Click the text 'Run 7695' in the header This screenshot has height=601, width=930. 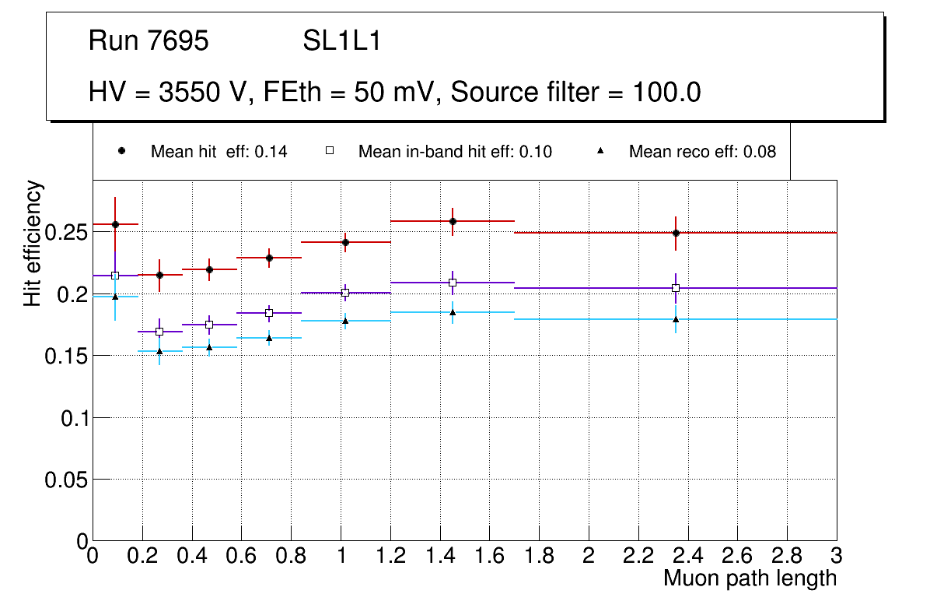pyautogui.click(x=149, y=41)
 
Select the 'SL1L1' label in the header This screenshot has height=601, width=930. pyautogui.click(x=342, y=41)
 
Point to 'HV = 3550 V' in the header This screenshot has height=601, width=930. pyautogui.click(x=167, y=93)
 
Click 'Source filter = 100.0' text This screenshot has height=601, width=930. pyautogui.click(x=575, y=93)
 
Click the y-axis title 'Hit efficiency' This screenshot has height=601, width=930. pyautogui.click(x=33, y=243)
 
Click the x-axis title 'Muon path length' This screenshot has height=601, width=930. pyautogui.click(x=750, y=578)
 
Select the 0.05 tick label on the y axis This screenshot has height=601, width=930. pyautogui.click(x=67, y=480)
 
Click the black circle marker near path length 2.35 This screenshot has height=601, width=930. pyautogui.click(x=677, y=233)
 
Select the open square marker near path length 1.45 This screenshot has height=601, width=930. pyautogui.click(x=453, y=283)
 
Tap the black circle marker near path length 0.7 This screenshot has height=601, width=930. pyautogui.click(x=269, y=258)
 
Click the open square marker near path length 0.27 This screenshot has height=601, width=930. pyautogui.click(x=159, y=332)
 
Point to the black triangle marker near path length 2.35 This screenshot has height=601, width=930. pyautogui.click(x=677, y=319)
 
